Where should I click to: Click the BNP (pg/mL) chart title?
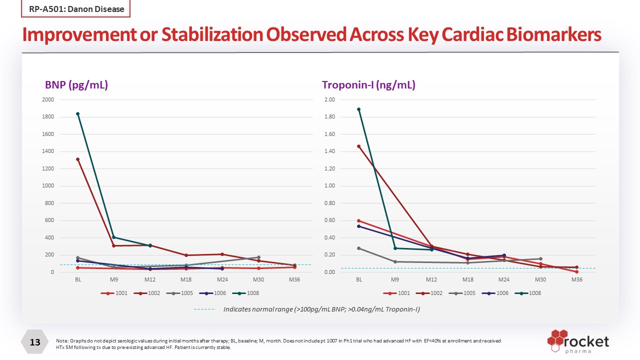click(76, 85)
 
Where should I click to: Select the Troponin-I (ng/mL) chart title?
click(368, 85)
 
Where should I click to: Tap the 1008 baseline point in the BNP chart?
click(78, 114)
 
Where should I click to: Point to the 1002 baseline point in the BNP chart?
click(78, 159)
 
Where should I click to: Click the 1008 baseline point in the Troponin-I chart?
click(359, 109)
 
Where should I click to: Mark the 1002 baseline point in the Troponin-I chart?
click(359, 146)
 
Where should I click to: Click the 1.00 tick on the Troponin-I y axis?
click(329, 186)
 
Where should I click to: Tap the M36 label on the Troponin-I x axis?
click(577, 280)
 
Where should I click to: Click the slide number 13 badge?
click(35, 342)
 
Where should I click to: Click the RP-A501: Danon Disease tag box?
click(75, 9)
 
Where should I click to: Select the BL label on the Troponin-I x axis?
click(359, 280)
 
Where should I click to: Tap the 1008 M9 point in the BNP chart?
click(114, 237)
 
